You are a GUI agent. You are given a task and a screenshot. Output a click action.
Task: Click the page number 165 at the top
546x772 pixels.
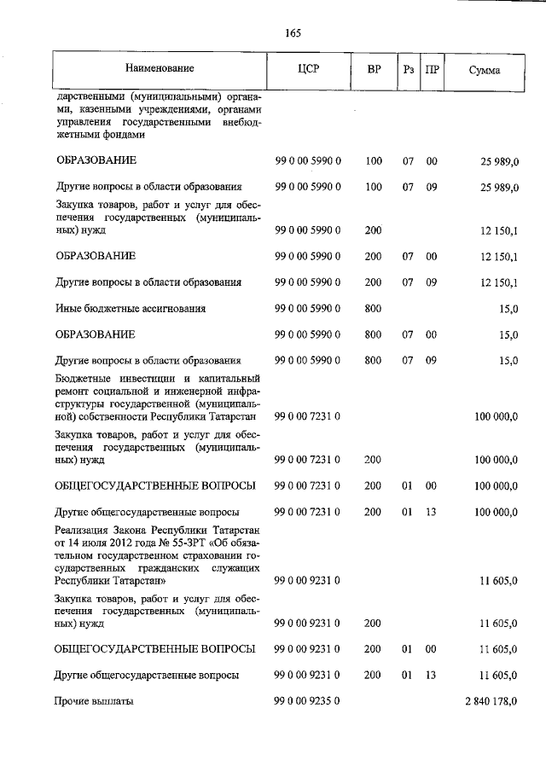[x=293, y=33]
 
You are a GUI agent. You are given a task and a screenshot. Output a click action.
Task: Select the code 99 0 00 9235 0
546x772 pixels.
[x=308, y=701]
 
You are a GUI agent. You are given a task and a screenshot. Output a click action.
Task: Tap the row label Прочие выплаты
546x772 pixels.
[x=95, y=701]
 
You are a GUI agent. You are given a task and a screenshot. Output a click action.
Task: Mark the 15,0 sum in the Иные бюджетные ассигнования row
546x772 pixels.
[x=508, y=309]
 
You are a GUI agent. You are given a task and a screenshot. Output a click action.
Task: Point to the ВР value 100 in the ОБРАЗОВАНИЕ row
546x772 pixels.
[x=373, y=160]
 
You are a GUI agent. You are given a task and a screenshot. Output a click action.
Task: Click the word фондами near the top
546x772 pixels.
[x=122, y=134]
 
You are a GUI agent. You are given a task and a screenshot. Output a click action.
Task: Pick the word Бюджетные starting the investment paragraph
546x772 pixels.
[x=89, y=377]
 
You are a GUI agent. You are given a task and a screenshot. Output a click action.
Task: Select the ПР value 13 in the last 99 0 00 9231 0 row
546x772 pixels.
[x=432, y=675]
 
